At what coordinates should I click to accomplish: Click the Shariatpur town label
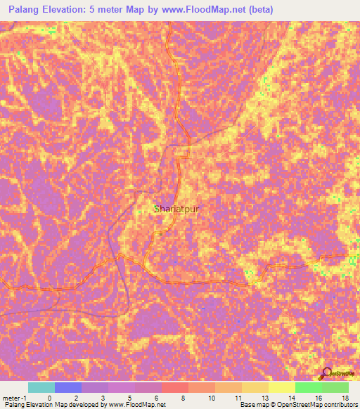coord(181,209)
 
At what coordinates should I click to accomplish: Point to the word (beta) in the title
coord(257,10)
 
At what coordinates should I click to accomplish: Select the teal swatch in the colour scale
coord(41,387)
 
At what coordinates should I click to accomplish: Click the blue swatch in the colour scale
coord(67,387)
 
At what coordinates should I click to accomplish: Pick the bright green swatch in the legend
coord(308,387)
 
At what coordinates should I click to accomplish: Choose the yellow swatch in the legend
coord(281,387)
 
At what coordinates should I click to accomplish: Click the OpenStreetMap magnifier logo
coord(326,373)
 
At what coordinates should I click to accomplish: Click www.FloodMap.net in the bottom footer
coord(134,405)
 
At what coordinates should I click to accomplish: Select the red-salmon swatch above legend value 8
coord(174,387)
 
